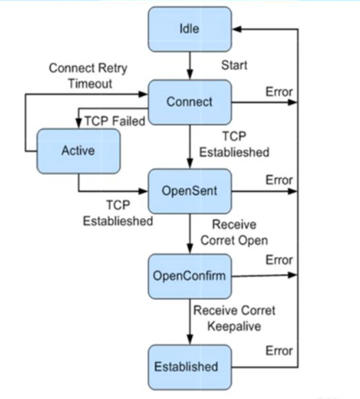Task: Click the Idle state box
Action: pyautogui.click(x=189, y=29)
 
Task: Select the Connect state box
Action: pyautogui.click(x=189, y=102)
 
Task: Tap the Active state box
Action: pyautogui.click(x=78, y=151)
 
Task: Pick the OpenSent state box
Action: pyautogui.click(x=189, y=191)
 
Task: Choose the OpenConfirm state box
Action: pyautogui.click(x=189, y=275)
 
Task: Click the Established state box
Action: pyautogui.click(x=189, y=366)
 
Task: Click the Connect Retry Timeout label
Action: pyautogui.click(x=88, y=76)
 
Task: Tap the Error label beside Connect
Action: pyautogui.click(x=279, y=91)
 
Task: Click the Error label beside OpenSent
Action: pyautogui.click(x=279, y=179)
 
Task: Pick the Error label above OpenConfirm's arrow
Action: pyautogui.click(x=279, y=260)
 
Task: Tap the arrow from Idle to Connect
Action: pyautogui.click(x=189, y=66)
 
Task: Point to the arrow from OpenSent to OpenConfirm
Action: pyautogui.click(x=189, y=233)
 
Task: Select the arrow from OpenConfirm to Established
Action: pyautogui.click(x=189, y=320)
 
